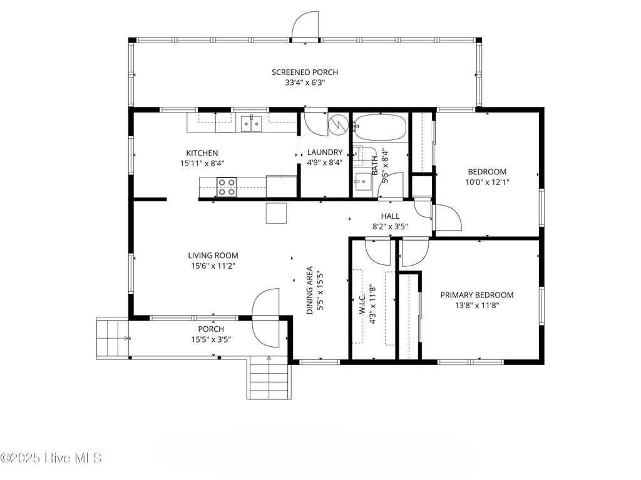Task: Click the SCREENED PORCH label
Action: (305, 72)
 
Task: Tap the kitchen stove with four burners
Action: (227, 187)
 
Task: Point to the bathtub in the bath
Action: (380, 127)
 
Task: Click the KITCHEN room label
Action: (202, 153)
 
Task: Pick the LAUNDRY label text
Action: (325, 152)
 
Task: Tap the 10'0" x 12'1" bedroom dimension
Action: (487, 182)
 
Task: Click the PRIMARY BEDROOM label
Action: (476, 295)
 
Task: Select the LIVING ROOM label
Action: (213, 256)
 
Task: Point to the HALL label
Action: (391, 216)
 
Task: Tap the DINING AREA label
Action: (309, 290)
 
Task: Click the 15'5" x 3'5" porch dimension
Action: (211, 339)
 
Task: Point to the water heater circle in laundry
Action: (339, 123)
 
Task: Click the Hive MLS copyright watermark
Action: (51, 458)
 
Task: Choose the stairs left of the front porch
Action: (113, 338)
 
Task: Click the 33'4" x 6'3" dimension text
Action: (305, 83)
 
